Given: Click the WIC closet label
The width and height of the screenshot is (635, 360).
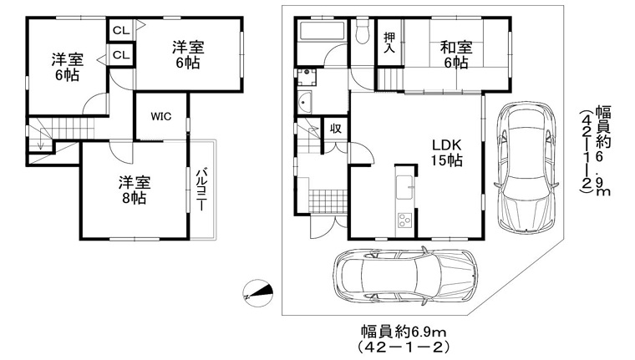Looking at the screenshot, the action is pyautogui.click(x=161, y=117).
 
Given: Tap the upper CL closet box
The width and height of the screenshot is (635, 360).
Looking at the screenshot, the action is pyautogui.click(x=121, y=30).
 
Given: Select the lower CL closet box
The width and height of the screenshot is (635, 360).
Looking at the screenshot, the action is pyautogui.click(x=121, y=54).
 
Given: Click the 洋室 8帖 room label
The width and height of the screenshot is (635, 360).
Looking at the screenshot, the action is pyautogui.click(x=135, y=190).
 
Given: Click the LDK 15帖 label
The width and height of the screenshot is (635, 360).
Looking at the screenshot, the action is pyautogui.click(x=446, y=153).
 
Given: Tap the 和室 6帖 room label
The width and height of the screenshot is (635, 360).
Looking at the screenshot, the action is pyautogui.click(x=456, y=55).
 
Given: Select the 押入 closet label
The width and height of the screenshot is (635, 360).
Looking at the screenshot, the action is pyautogui.click(x=389, y=42).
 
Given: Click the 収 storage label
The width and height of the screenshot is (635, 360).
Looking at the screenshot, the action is pyautogui.click(x=335, y=129).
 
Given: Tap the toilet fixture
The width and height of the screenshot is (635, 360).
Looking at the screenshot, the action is pyautogui.click(x=362, y=31).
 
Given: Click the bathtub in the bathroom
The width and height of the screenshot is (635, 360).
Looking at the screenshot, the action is pyautogui.click(x=321, y=30).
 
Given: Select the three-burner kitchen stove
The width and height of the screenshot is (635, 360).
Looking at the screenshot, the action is pyautogui.click(x=404, y=221).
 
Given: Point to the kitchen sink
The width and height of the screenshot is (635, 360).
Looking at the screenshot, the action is pyautogui.click(x=404, y=187).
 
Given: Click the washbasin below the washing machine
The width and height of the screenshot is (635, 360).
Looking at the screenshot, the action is pyautogui.click(x=304, y=103).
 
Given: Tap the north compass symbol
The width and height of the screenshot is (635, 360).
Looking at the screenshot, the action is pyautogui.click(x=257, y=293).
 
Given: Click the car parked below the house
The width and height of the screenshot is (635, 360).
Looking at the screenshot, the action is pyautogui.click(x=405, y=275).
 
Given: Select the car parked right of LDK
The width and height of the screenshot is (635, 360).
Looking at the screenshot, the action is pyautogui.click(x=526, y=167).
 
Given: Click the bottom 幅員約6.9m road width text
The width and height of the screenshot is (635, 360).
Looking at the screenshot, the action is pyautogui.click(x=404, y=332).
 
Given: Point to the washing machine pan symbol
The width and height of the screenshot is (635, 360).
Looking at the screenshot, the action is pyautogui.click(x=307, y=78).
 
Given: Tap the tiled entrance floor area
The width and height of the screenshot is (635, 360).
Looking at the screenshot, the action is pyautogui.click(x=328, y=201).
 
